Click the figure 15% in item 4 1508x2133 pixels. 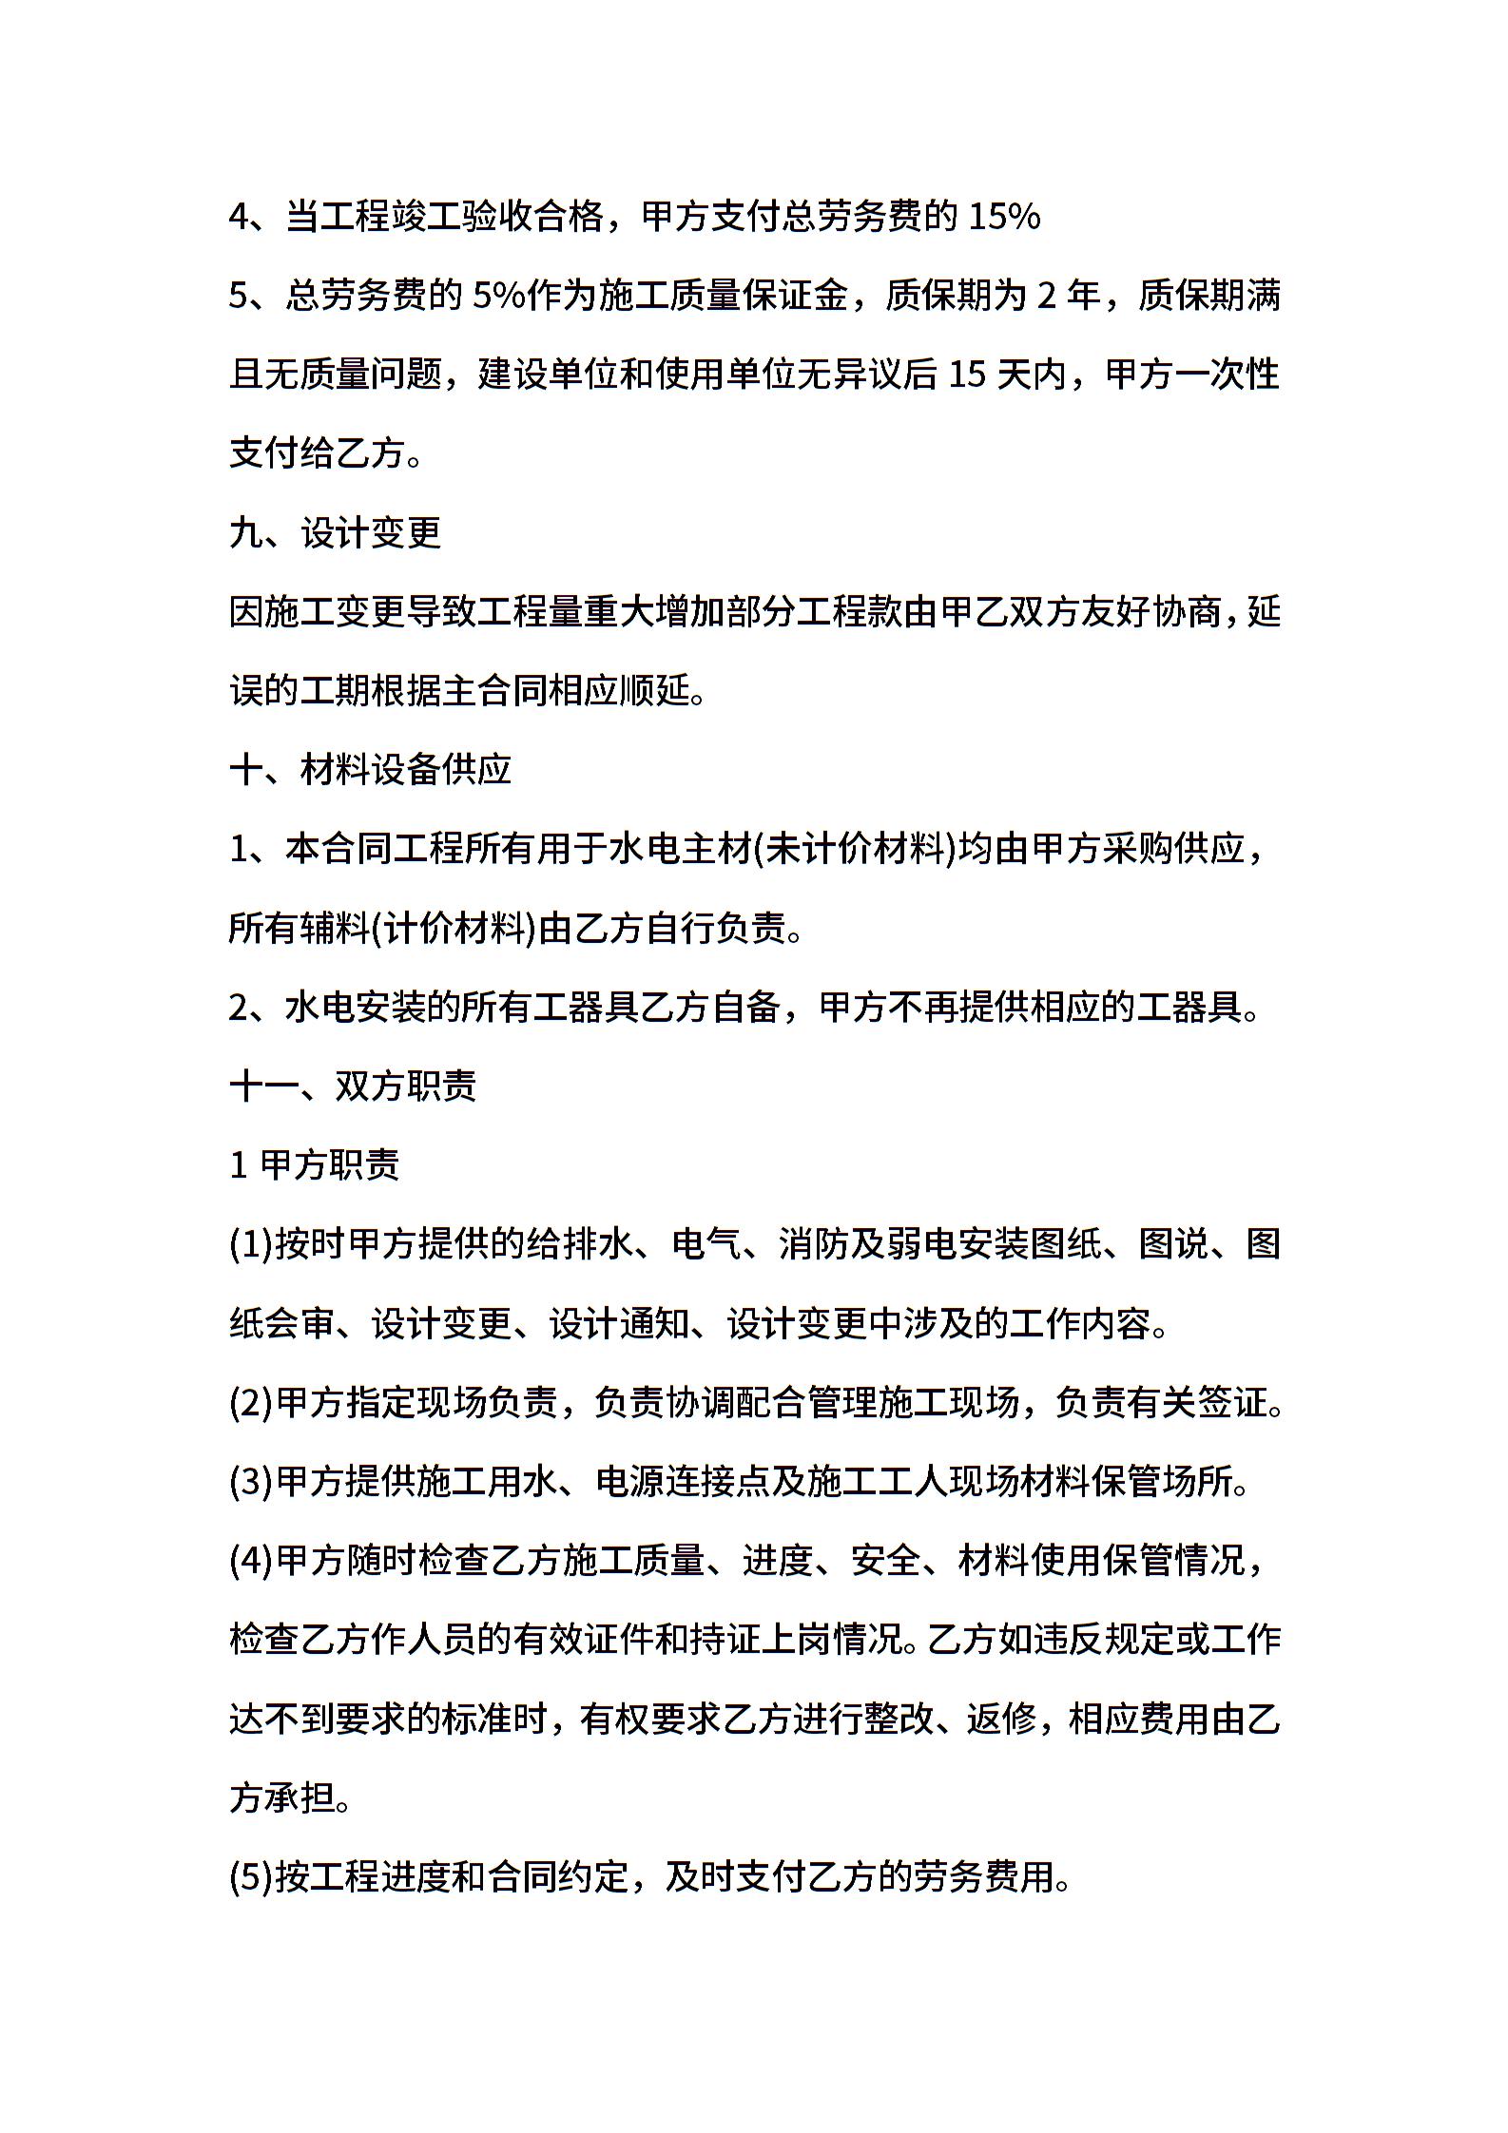point(1004,218)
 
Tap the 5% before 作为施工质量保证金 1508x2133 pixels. point(498,297)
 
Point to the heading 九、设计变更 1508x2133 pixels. point(336,533)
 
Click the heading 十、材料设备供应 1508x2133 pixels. point(371,770)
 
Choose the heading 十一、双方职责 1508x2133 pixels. point(353,1086)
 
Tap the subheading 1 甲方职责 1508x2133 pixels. point(315,1164)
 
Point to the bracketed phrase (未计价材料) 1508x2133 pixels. point(855,849)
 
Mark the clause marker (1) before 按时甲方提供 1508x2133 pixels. point(251,1243)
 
